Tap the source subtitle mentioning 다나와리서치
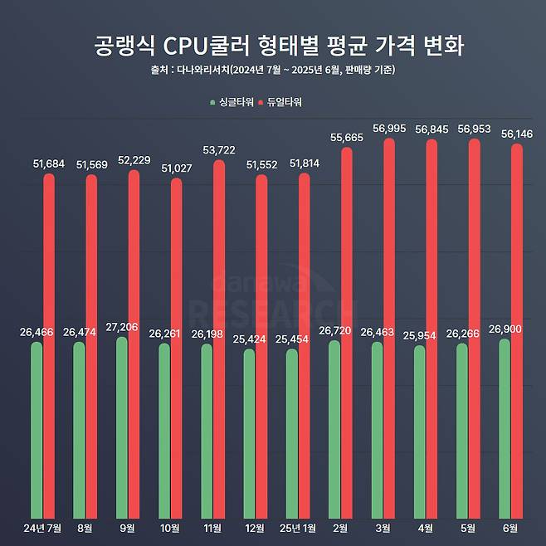[x=273, y=70]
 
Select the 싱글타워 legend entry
[x=231, y=102]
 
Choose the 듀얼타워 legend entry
[x=281, y=102]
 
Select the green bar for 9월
[x=121, y=427]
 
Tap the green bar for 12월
[x=249, y=434]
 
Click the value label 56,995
[x=389, y=128]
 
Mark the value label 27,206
[x=122, y=326]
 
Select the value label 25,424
[x=250, y=339]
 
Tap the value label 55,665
[x=346, y=136]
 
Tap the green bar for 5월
[x=461, y=431]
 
